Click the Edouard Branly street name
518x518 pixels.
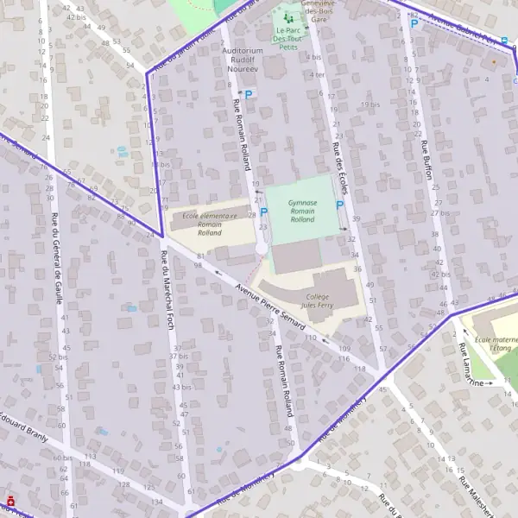pyautogui.click(x=23, y=418)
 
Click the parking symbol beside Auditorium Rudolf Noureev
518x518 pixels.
pyautogui.click(x=249, y=94)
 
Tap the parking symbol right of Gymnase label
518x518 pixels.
pyautogui.click(x=339, y=205)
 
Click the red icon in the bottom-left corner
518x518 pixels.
pyautogui.click(x=10, y=500)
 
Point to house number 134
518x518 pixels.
pyautogui.click(x=157, y=502)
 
